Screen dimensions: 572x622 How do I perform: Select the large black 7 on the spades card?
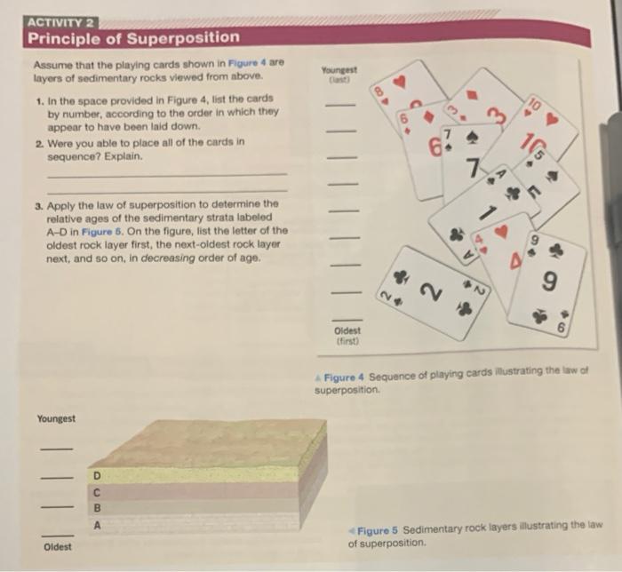[x=473, y=166]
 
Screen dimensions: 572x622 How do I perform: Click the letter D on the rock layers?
[x=98, y=478]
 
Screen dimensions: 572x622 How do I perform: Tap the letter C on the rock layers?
[x=98, y=494]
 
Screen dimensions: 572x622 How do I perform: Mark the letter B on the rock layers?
[x=98, y=510]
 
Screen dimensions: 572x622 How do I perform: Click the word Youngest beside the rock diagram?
[x=57, y=419]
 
